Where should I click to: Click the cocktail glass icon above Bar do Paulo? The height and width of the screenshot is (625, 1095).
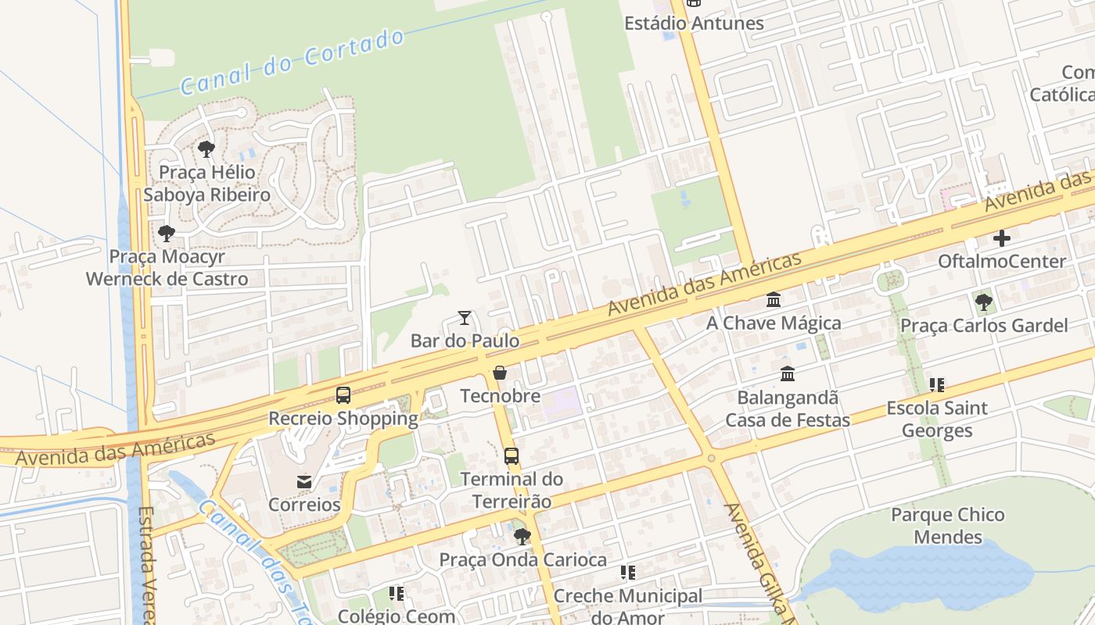coord(465,318)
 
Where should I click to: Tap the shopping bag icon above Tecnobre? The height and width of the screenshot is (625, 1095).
coord(500,373)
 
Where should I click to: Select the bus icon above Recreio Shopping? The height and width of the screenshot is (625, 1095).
coord(343,395)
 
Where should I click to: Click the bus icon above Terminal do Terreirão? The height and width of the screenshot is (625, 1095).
coord(512,456)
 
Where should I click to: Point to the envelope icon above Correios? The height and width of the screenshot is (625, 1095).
coord(304,482)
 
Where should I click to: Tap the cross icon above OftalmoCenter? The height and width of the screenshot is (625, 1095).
coord(1002,238)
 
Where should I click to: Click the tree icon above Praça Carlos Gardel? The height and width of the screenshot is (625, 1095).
coord(983,302)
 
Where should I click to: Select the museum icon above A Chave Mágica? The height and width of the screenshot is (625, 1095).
coord(774,300)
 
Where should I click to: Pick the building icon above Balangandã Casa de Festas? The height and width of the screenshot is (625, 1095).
coord(788,374)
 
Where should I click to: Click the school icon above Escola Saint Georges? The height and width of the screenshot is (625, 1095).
coord(937,384)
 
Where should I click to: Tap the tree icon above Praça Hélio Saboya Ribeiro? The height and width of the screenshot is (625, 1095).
coord(206,148)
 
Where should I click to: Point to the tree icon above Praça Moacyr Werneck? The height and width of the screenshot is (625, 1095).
coord(166,233)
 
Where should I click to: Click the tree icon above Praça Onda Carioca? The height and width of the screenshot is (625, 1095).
coord(522,537)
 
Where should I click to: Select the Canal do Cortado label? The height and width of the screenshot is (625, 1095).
coord(293,62)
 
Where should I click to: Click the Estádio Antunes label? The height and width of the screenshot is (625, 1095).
coord(694,23)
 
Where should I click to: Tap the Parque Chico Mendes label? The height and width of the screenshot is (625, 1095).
coord(948,526)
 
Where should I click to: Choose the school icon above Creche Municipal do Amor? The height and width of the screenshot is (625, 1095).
coord(628,573)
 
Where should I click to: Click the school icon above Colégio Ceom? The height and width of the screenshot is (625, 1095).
coord(397,594)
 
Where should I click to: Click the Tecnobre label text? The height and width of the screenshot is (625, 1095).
coord(500,396)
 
